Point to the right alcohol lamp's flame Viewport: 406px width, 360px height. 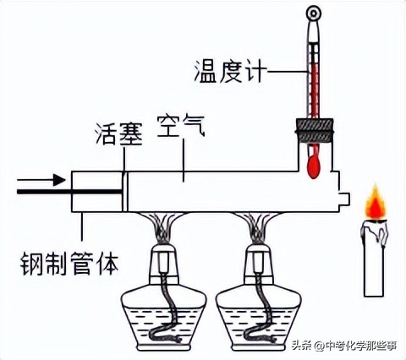pyautogui.click(x=258, y=226)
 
